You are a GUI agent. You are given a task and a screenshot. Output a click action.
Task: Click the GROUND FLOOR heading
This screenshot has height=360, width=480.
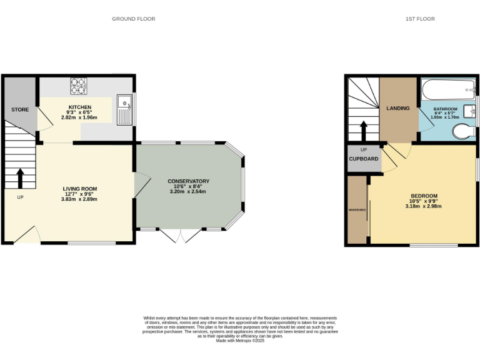133,19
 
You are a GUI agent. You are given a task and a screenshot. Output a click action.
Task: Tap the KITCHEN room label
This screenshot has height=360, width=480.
80,107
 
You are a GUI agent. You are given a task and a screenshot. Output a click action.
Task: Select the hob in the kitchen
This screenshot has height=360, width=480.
79,85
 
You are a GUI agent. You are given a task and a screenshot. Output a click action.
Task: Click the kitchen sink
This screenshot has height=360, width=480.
124,108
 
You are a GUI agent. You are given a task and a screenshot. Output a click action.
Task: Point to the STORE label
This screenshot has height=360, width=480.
20,109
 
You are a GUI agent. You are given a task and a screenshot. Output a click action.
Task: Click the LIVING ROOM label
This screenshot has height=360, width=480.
80,188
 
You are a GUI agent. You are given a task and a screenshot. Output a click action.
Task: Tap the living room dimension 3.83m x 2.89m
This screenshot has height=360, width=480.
80,199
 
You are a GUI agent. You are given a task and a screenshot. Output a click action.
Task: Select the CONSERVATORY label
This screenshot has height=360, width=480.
188,181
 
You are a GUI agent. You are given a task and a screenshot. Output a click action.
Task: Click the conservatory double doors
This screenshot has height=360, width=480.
181,236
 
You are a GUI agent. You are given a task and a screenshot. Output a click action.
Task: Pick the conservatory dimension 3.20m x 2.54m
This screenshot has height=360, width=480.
188,192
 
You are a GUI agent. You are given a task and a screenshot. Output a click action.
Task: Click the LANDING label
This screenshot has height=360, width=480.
397,108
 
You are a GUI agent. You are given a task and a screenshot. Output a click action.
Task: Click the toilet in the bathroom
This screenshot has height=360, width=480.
463,132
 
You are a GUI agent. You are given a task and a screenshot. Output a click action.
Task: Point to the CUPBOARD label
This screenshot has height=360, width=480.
363,159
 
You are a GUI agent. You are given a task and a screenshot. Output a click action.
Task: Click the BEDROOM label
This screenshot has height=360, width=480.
424,196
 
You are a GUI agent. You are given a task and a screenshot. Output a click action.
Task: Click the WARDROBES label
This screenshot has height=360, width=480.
357,210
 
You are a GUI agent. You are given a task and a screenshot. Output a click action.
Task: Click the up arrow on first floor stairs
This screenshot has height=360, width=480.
363,131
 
